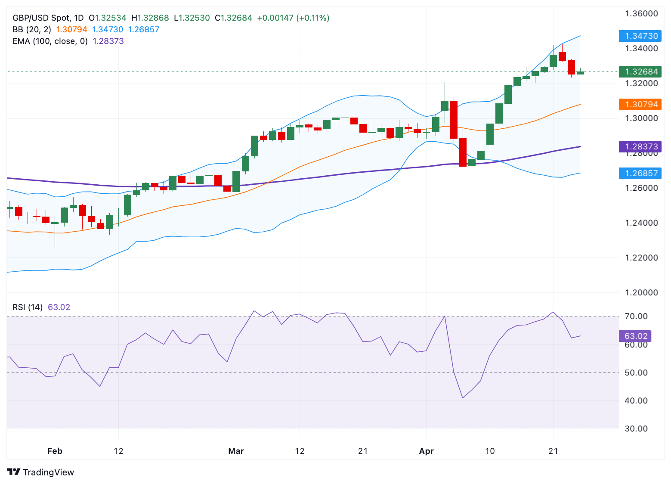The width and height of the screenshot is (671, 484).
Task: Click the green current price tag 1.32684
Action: click(640, 71)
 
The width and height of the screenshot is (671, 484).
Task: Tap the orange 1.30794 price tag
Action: click(640, 104)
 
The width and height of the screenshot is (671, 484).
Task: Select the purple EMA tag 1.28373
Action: click(640, 146)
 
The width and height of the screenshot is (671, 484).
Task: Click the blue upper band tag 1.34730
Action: click(640, 36)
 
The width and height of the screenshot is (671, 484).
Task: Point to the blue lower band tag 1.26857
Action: click(640, 173)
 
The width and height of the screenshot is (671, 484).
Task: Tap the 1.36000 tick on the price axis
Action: click(641, 14)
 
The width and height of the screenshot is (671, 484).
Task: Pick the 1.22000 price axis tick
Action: click(641, 258)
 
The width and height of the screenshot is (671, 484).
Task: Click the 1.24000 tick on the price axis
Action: click(641, 223)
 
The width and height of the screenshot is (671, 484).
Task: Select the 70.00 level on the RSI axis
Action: click(636, 316)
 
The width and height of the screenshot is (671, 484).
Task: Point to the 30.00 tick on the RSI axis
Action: click(636, 428)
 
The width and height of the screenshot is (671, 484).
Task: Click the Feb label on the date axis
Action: click(55, 451)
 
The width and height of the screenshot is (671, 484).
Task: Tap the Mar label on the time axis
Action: click(236, 451)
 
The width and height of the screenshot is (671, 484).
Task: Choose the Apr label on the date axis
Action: click(426, 451)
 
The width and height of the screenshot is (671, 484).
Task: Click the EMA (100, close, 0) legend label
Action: click(50, 41)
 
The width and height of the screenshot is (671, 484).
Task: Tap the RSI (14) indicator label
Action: click(28, 307)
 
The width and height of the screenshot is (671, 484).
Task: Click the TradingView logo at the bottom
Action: click(40, 472)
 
